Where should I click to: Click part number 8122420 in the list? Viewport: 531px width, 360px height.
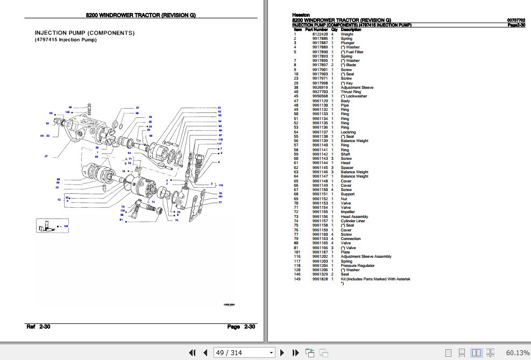320,34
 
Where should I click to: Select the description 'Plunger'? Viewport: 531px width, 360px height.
348,43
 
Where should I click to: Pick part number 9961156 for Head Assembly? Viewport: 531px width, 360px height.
320,216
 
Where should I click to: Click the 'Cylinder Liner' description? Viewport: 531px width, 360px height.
353,221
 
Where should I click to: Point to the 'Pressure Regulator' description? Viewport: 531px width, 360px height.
357,265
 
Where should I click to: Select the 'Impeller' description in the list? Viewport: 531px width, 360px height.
348,212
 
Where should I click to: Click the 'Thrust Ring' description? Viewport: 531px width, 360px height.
351,92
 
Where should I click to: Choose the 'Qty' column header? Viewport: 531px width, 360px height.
334,30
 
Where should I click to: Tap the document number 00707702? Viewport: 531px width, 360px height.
516,20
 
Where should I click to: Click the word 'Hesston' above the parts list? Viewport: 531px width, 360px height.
301,15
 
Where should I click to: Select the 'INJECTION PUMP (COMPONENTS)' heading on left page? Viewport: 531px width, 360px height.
84,33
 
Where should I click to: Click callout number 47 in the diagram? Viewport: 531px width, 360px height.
46,156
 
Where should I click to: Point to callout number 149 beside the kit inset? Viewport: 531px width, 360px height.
66,226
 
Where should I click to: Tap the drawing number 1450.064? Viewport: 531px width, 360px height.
229,305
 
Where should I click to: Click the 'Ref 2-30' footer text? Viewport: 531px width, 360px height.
38,327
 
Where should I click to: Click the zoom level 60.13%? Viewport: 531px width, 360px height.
517,353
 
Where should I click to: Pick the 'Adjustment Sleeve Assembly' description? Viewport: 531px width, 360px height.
366,257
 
